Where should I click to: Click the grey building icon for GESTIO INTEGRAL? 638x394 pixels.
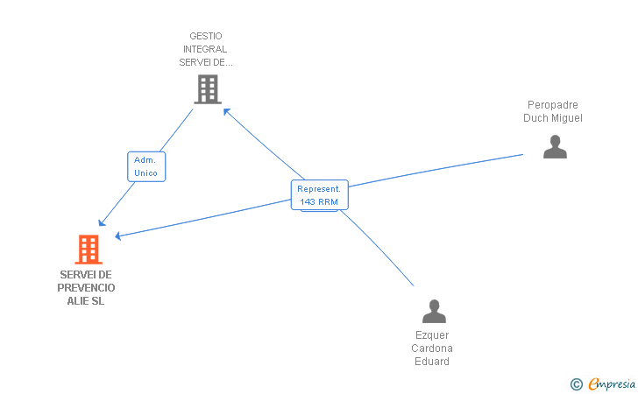pos(207,88)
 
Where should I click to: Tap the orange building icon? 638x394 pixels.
pos(88,250)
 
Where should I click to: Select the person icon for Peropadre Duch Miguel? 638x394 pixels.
pos(555,147)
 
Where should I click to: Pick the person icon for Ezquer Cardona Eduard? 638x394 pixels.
pos(434,312)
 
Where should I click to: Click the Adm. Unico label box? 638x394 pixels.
pos(146,166)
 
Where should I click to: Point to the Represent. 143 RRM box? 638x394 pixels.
pos(319,195)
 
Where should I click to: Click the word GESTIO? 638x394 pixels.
pos(207,37)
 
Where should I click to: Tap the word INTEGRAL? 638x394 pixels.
pos(207,50)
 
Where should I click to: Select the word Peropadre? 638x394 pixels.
pos(553,105)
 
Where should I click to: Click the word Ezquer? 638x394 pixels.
pos(432,335)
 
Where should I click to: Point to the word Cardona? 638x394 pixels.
pos(432,348)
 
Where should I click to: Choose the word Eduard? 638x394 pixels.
pos(432,362)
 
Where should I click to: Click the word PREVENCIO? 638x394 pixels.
pos(86,288)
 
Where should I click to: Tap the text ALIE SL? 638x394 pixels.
pos(86,301)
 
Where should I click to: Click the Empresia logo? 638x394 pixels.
pos(611,383)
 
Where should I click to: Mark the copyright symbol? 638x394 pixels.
pos(576,383)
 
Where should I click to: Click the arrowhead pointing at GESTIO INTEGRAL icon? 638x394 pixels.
pos(226,111)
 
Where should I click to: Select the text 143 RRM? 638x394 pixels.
pos(319,202)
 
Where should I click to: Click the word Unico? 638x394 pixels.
pos(146,173)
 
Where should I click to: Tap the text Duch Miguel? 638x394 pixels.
pos(553,118)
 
